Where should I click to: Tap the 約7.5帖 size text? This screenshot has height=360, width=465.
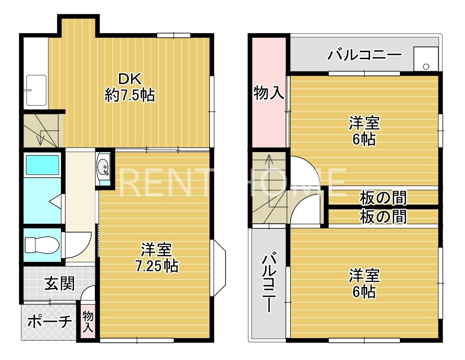[x=130, y=95]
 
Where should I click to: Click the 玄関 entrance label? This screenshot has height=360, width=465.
[x=60, y=283]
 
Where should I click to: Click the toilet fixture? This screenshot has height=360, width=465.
[x=41, y=243]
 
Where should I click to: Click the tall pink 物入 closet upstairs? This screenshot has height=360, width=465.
[x=269, y=93]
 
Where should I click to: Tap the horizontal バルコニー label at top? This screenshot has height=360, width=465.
[x=364, y=55]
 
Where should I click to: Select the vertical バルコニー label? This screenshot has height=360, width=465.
[x=268, y=284]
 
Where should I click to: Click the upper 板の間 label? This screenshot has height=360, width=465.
[x=384, y=198]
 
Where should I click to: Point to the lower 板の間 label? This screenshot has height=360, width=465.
[x=384, y=216]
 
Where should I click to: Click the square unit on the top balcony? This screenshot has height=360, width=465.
[x=426, y=59]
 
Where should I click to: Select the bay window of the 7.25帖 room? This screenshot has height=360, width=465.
[x=219, y=267]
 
